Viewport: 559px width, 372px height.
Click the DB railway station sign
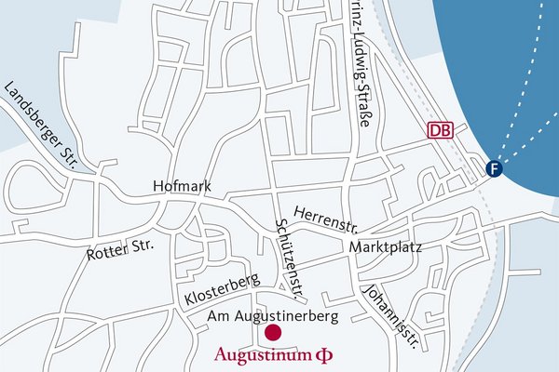(x=440, y=130)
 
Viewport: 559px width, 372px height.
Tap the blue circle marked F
(x=494, y=168)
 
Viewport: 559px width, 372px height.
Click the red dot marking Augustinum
(x=273, y=332)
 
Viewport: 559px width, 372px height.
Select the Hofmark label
(x=182, y=187)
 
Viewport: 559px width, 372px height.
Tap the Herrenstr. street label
(x=325, y=218)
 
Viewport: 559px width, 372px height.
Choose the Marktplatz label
(x=386, y=248)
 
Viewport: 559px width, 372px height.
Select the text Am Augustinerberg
(x=266, y=317)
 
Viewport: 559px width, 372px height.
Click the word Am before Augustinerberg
(x=217, y=317)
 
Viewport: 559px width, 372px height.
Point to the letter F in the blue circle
(x=494, y=168)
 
